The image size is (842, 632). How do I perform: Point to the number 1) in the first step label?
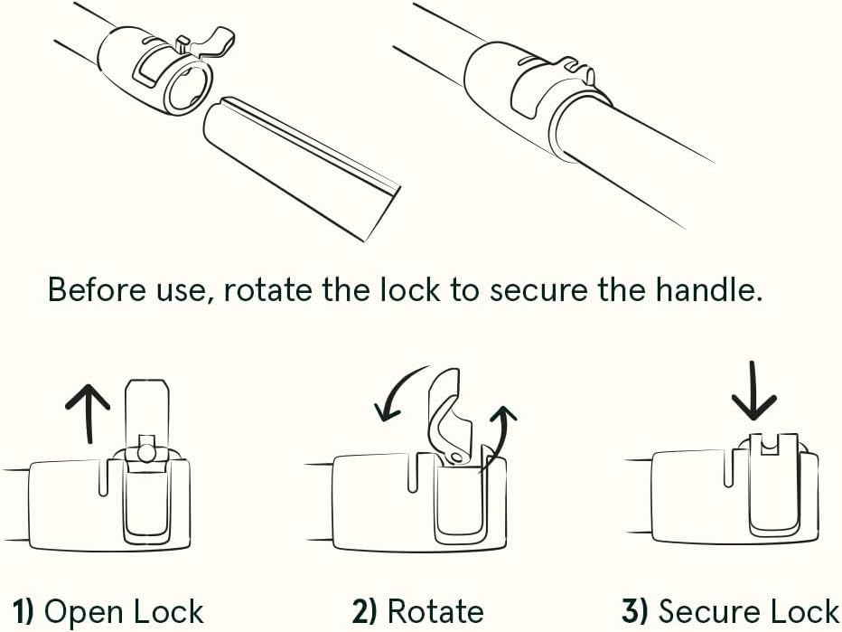(23, 612)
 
